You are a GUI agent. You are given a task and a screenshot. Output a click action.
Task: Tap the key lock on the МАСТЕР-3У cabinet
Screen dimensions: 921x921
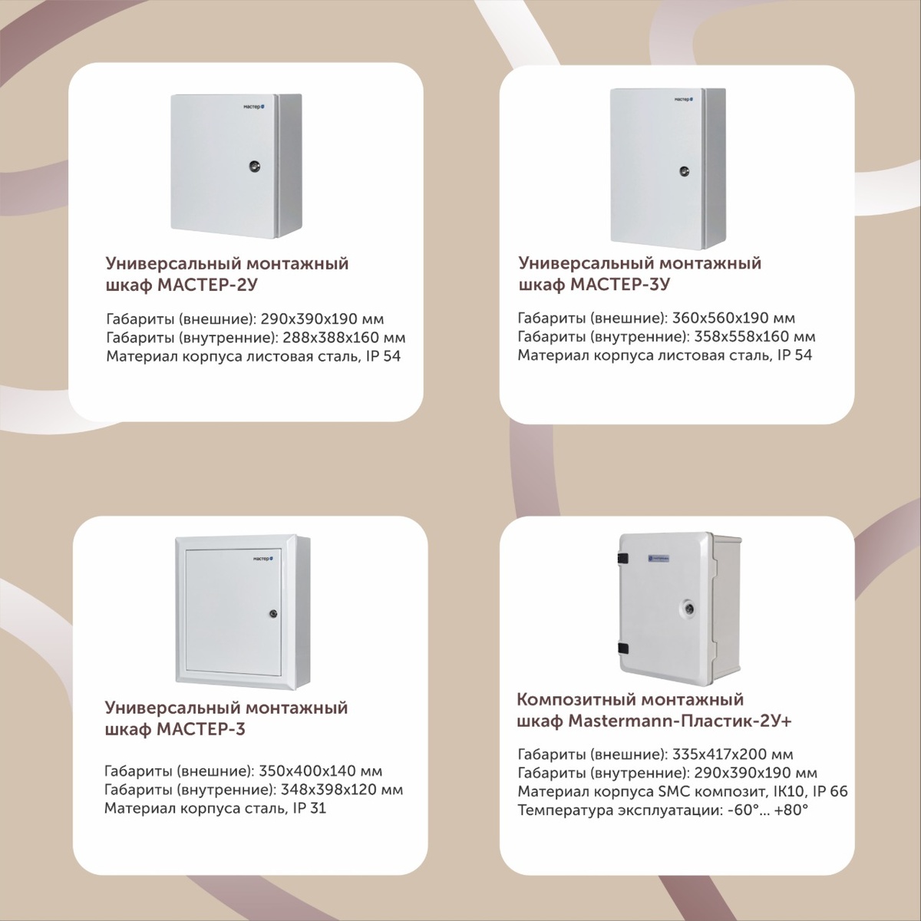[x=684, y=170]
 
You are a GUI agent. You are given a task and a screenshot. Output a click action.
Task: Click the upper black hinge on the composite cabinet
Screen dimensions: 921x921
[x=622, y=557]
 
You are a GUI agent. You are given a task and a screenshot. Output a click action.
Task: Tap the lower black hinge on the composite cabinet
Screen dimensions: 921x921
[x=622, y=649]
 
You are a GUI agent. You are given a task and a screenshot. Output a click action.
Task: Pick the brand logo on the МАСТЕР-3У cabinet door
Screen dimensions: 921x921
[x=684, y=100]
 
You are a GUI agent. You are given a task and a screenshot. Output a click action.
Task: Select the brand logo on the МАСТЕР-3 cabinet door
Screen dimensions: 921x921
[x=263, y=558]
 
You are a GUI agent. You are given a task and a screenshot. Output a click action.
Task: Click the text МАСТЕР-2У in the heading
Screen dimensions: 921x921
[x=207, y=285]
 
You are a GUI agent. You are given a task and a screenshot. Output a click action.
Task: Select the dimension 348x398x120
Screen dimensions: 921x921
[x=329, y=789]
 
